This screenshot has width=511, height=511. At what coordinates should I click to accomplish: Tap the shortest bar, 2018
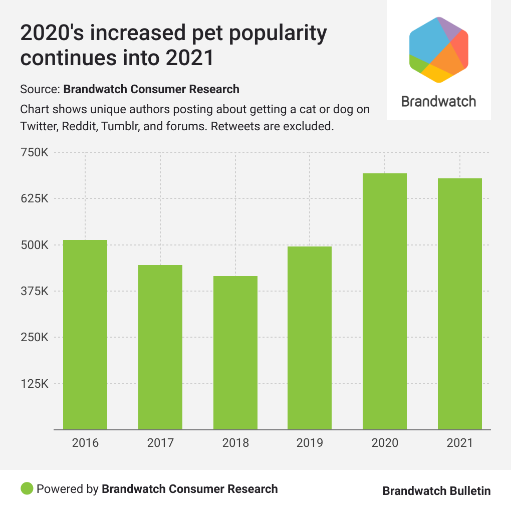[x=235, y=353]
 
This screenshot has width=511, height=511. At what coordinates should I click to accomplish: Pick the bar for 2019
[x=310, y=338]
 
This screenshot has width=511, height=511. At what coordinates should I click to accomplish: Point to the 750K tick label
[x=35, y=152]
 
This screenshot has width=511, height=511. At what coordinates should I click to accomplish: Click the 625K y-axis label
[x=35, y=198]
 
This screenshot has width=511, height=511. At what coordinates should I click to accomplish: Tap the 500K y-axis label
[x=35, y=245]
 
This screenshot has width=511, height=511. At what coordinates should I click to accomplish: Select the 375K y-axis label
[x=35, y=291]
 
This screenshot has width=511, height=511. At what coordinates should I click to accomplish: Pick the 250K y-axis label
[x=35, y=338]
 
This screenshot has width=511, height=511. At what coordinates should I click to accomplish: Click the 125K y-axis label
[x=35, y=384]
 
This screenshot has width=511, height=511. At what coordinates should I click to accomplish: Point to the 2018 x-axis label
[x=235, y=443]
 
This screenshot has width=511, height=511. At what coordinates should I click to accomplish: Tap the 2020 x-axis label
[x=385, y=443]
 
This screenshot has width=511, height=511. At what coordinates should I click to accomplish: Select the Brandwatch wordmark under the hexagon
[x=439, y=101]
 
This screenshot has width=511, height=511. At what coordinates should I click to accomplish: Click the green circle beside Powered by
[x=27, y=488]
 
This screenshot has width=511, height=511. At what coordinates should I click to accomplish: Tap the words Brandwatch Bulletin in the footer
[x=436, y=491]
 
